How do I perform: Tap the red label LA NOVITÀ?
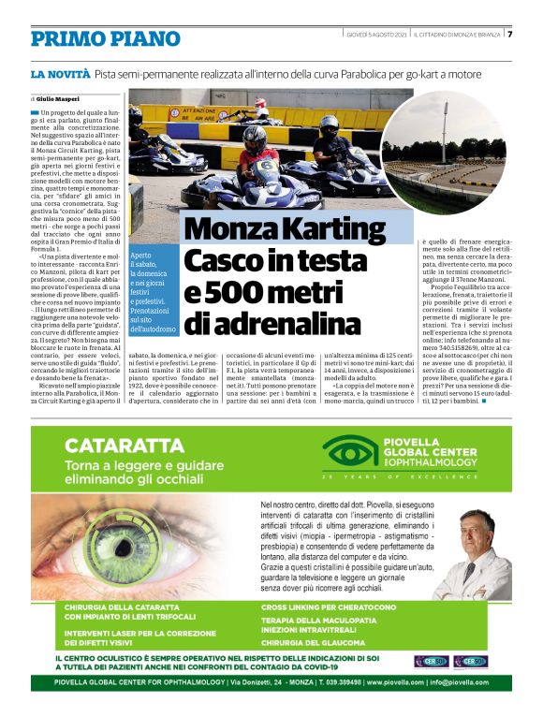coord(60,73)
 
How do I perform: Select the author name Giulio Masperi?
coord(60,97)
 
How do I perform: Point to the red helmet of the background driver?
coord(261,102)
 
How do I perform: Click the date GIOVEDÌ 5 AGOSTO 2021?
coord(375,34)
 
